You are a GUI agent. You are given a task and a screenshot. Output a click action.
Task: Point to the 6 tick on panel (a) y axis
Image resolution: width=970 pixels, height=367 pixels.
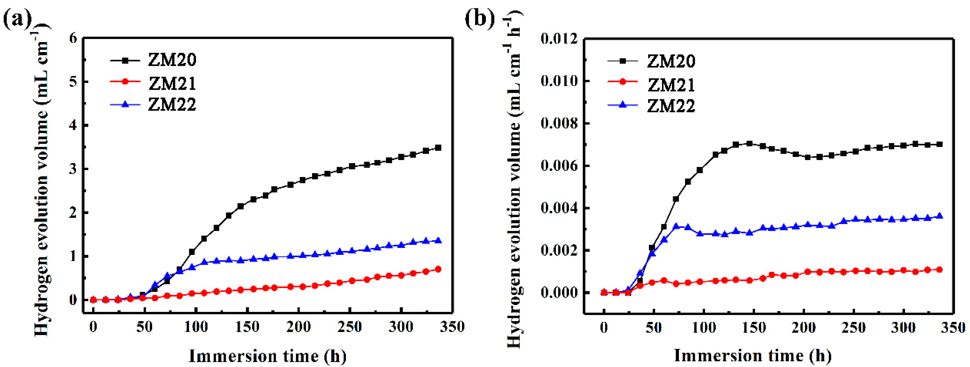point(73,38)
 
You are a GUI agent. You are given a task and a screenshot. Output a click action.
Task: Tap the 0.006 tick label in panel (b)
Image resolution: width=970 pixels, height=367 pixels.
point(559,166)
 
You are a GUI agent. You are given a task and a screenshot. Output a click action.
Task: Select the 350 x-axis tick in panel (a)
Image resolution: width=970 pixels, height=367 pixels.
point(452,327)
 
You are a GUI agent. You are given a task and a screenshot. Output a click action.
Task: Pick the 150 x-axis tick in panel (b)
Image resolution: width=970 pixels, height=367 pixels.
point(753,327)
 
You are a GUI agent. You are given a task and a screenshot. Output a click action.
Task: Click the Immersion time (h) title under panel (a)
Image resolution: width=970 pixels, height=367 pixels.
point(267,356)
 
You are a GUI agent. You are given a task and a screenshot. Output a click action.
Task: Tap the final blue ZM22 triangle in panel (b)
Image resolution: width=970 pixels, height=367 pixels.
point(939,216)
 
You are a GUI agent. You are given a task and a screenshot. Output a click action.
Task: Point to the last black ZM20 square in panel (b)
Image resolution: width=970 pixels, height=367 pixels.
point(939,144)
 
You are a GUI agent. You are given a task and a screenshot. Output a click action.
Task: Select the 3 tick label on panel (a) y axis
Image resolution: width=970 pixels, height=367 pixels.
point(73,169)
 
